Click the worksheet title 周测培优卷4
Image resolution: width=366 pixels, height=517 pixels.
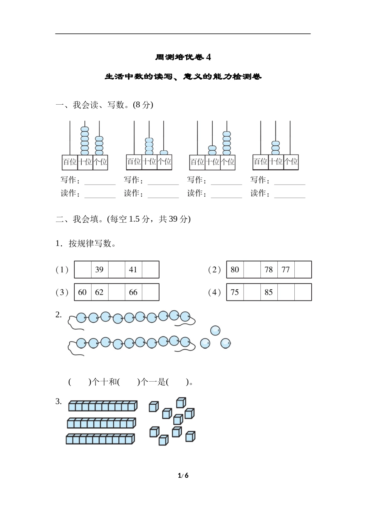point(183,57)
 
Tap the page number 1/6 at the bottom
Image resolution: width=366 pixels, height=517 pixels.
point(183,475)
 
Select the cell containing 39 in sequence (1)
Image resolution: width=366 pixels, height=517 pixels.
point(99,270)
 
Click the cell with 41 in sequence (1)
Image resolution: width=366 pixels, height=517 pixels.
point(133,270)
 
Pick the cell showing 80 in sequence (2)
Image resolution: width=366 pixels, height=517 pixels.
point(235,270)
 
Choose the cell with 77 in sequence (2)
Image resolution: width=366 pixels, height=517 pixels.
point(285,270)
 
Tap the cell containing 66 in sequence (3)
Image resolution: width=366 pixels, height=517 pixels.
point(133,292)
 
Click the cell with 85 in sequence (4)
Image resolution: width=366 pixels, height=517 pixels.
point(269,292)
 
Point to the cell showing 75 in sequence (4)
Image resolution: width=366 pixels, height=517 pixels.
point(235,292)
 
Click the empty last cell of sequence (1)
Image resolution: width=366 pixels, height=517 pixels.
point(150,270)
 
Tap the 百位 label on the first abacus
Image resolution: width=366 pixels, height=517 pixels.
point(70,162)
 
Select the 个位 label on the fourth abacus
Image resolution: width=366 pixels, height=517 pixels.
point(291,162)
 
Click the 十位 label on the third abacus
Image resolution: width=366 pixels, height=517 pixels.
point(212,162)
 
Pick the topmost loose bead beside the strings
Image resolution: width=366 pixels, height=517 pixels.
point(215,330)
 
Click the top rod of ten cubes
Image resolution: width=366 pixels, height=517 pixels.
point(103,406)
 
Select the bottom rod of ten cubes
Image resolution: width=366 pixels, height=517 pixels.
point(100,439)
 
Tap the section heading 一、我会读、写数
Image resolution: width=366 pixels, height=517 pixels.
point(104,105)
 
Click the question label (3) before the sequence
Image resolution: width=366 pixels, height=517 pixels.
point(62,292)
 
